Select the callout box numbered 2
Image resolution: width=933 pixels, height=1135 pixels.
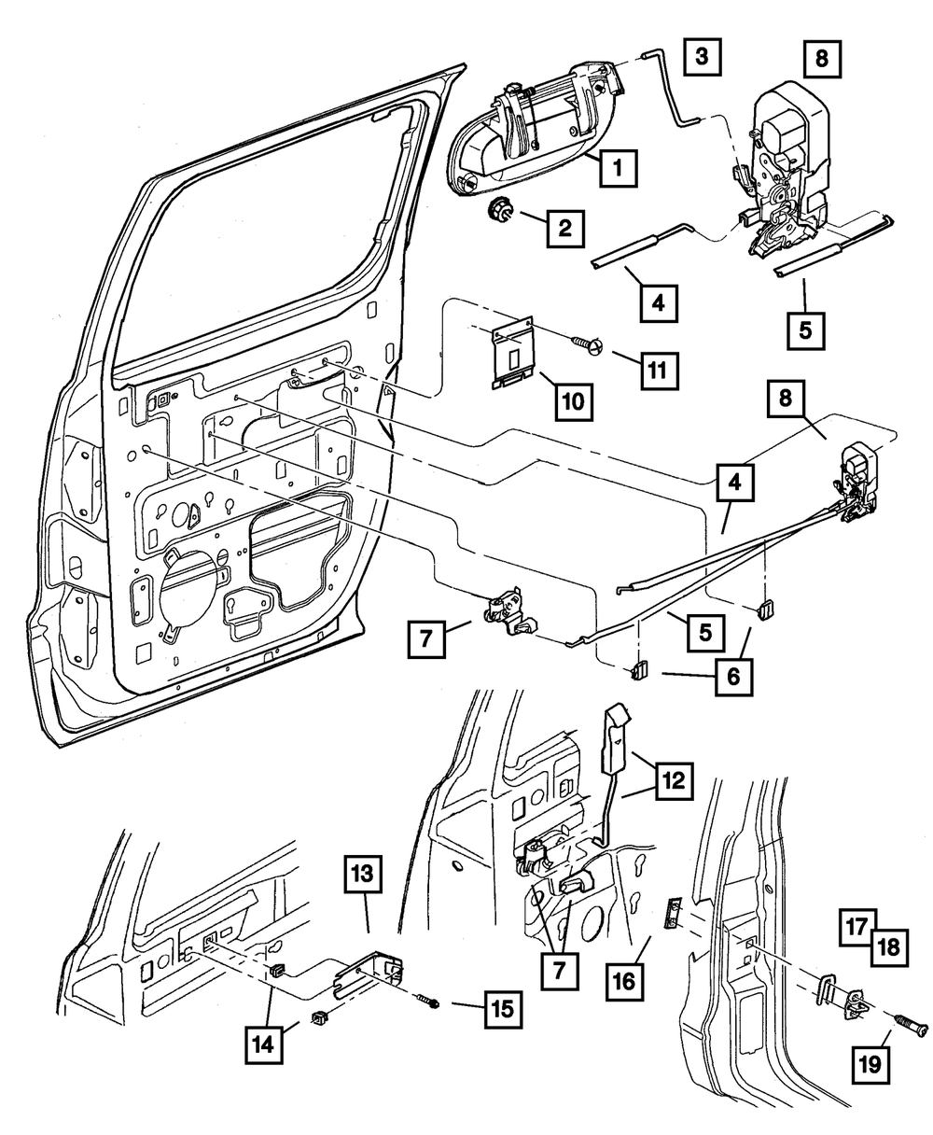click(x=565, y=227)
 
